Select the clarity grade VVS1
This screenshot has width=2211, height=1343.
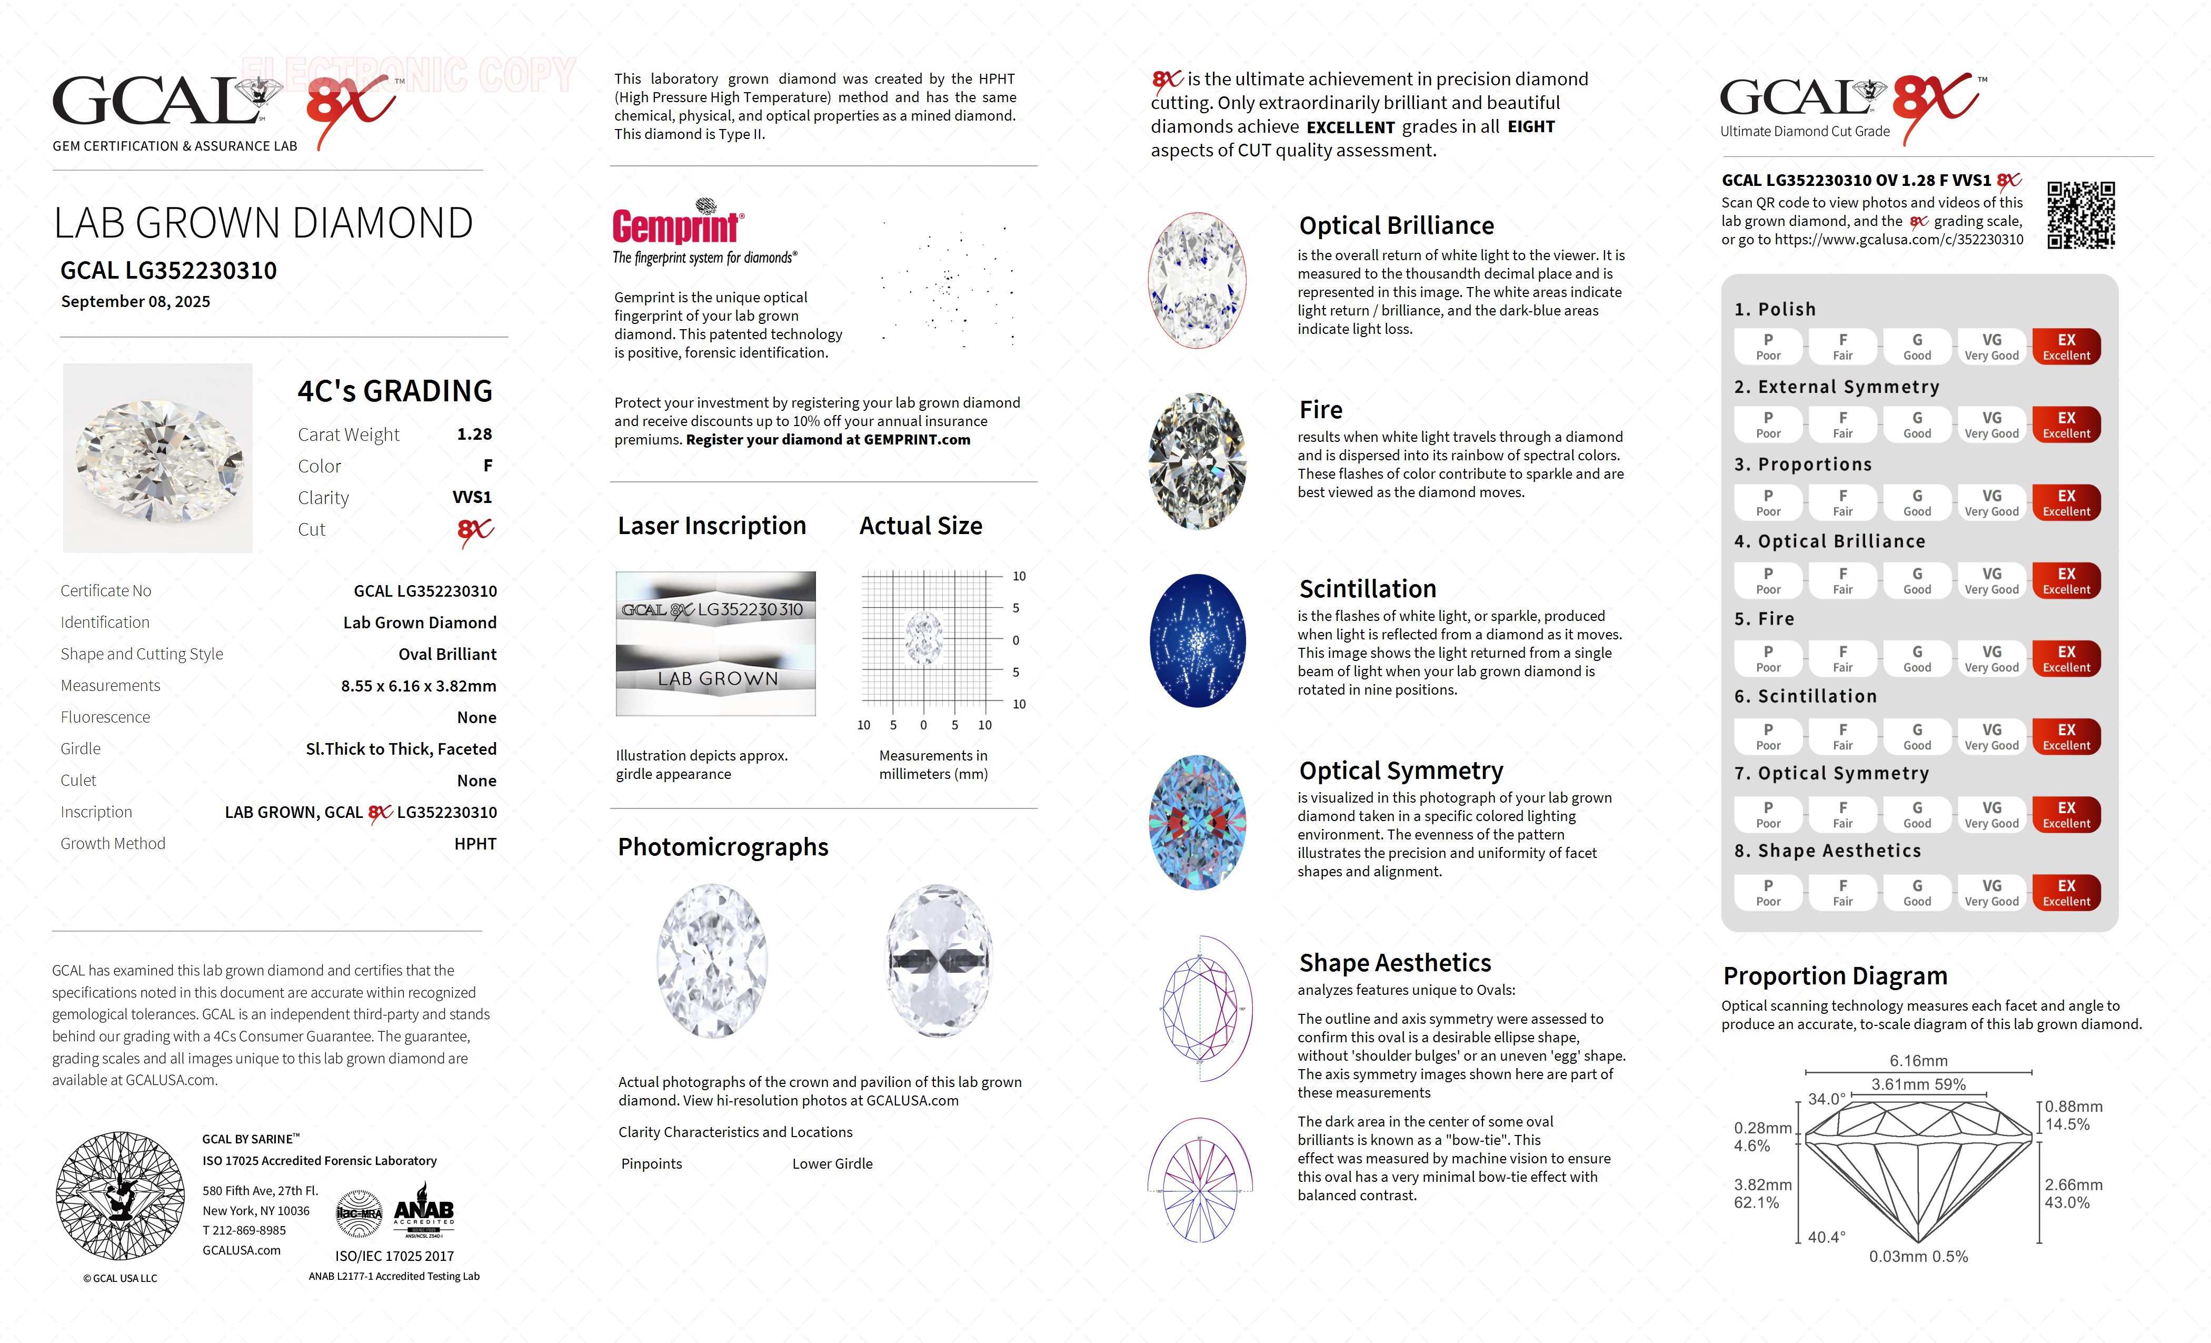click(x=472, y=497)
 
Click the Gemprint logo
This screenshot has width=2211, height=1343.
click(x=678, y=224)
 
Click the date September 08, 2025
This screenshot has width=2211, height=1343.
click(x=135, y=302)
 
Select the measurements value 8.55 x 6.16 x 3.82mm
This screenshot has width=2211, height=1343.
click(x=418, y=686)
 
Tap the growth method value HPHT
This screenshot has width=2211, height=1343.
click(x=475, y=844)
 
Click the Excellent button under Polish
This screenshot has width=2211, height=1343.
click(x=2066, y=347)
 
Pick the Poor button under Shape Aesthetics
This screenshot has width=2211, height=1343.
click(x=1768, y=892)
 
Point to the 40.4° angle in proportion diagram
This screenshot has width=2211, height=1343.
click(x=1826, y=1237)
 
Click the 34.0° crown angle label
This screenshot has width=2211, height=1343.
click(x=1826, y=1099)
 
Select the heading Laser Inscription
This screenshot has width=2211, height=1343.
click(x=712, y=526)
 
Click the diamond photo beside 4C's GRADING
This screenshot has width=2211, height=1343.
click(x=158, y=458)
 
